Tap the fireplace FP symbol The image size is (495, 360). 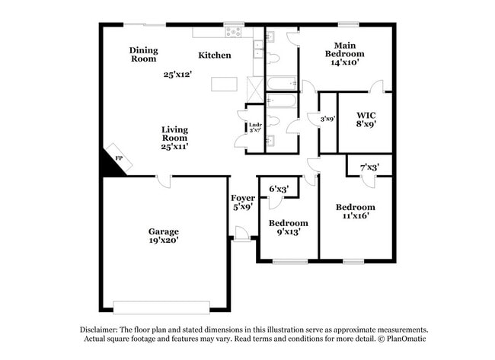tap(118, 158)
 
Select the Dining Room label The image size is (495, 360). tap(143, 54)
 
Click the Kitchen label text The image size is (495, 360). tap(215, 55)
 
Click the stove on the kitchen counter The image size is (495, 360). tap(234, 32)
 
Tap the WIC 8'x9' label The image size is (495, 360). tap(366, 119)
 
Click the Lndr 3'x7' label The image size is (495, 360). tap(255, 128)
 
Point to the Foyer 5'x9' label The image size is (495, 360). tap(243, 202)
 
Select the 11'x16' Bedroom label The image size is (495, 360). tap(356, 211)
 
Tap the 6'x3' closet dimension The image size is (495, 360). tap(279, 189)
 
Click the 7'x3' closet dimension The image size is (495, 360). tap(369, 166)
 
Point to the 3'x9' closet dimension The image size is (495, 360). tap(327, 119)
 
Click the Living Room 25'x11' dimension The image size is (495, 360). tap(174, 146)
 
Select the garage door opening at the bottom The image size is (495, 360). tap(161, 307)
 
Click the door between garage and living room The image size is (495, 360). tap(163, 180)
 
